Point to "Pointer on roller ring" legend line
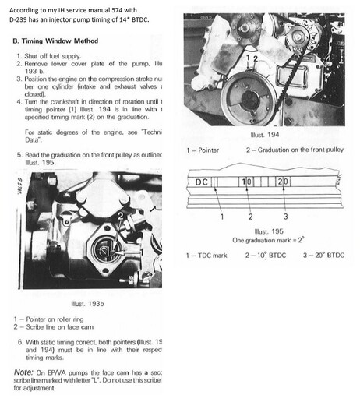coord(55,320)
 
